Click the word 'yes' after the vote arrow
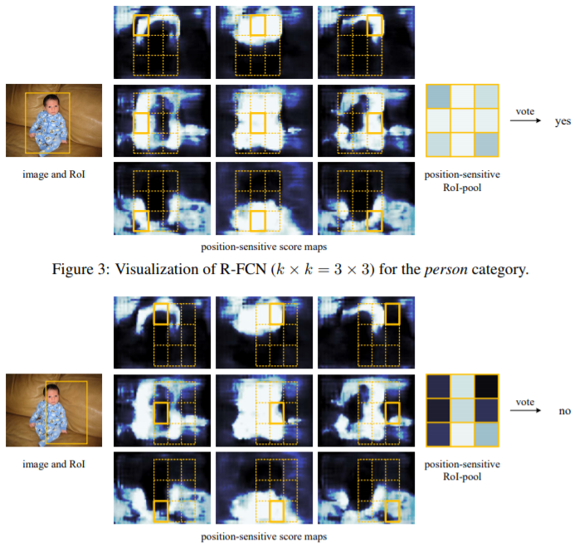point(564,121)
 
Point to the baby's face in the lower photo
point(54,393)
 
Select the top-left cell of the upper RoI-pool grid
point(437,96)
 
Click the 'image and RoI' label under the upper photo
point(54,174)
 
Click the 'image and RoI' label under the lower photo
point(54,464)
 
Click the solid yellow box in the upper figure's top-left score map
point(144,26)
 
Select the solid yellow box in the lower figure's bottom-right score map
point(372,510)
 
